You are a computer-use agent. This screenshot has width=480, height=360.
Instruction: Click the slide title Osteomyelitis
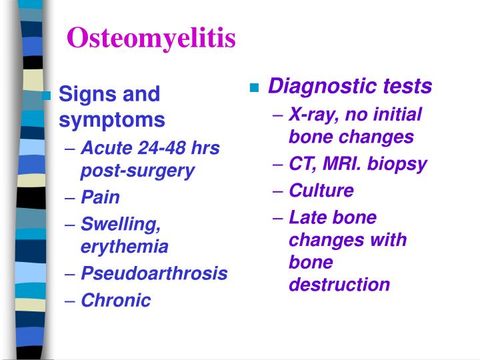pos(151,39)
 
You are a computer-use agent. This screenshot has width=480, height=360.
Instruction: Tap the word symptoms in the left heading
pos(112,120)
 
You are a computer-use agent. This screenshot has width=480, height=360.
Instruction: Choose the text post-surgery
pos(137,171)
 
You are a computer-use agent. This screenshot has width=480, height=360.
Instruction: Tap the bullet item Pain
pos(100,197)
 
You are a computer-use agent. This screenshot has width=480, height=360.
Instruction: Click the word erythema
pos(124,247)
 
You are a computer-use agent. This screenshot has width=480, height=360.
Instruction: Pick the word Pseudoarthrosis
pos(154,273)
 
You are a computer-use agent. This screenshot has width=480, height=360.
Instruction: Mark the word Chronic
pos(116,300)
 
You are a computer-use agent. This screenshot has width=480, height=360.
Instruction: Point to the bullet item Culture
pos(321,191)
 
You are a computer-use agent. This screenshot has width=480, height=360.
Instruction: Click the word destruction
pos(339,285)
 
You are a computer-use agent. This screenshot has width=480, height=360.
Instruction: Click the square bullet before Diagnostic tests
pos(255,88)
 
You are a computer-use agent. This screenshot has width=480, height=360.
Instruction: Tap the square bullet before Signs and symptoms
pos(46,95)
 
